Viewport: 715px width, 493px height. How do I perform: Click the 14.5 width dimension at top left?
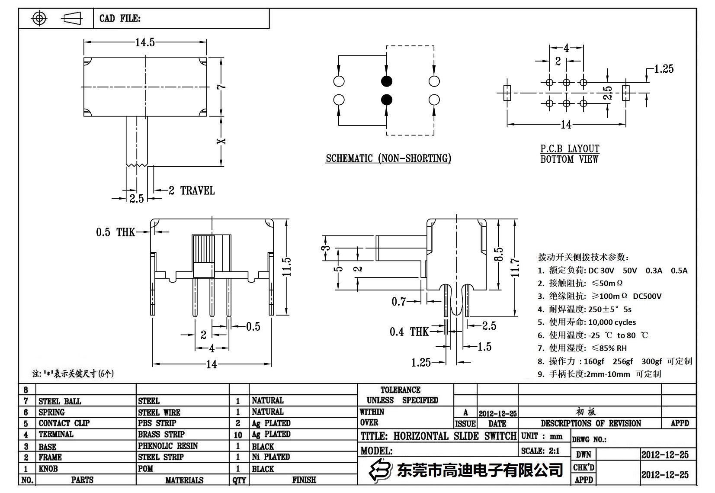coord(145,42)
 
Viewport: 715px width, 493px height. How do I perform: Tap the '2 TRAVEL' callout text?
coord(192,190)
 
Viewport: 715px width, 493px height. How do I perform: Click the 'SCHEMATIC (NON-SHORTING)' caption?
coord(388,158)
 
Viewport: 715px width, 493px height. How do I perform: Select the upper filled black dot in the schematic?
coord(386,81)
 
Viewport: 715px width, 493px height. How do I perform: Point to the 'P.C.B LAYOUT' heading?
coord(570,149)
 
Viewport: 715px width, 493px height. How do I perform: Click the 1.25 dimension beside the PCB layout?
coord(664,69)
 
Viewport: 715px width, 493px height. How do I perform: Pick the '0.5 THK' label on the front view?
coord(115,232)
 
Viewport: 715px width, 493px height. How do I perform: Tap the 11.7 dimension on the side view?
coord(514,267)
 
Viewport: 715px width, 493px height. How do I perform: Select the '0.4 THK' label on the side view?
coord(409,332)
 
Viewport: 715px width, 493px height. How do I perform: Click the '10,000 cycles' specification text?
coord(612,322)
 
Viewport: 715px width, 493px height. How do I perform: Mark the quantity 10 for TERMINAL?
coord(238,435)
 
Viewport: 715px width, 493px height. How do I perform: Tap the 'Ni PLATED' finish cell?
coord(271,457)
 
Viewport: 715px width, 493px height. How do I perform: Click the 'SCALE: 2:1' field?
coord(540,451)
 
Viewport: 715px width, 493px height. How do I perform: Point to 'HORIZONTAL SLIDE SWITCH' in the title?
coord(455,436)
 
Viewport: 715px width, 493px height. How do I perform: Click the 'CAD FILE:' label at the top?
coord(120,18)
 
